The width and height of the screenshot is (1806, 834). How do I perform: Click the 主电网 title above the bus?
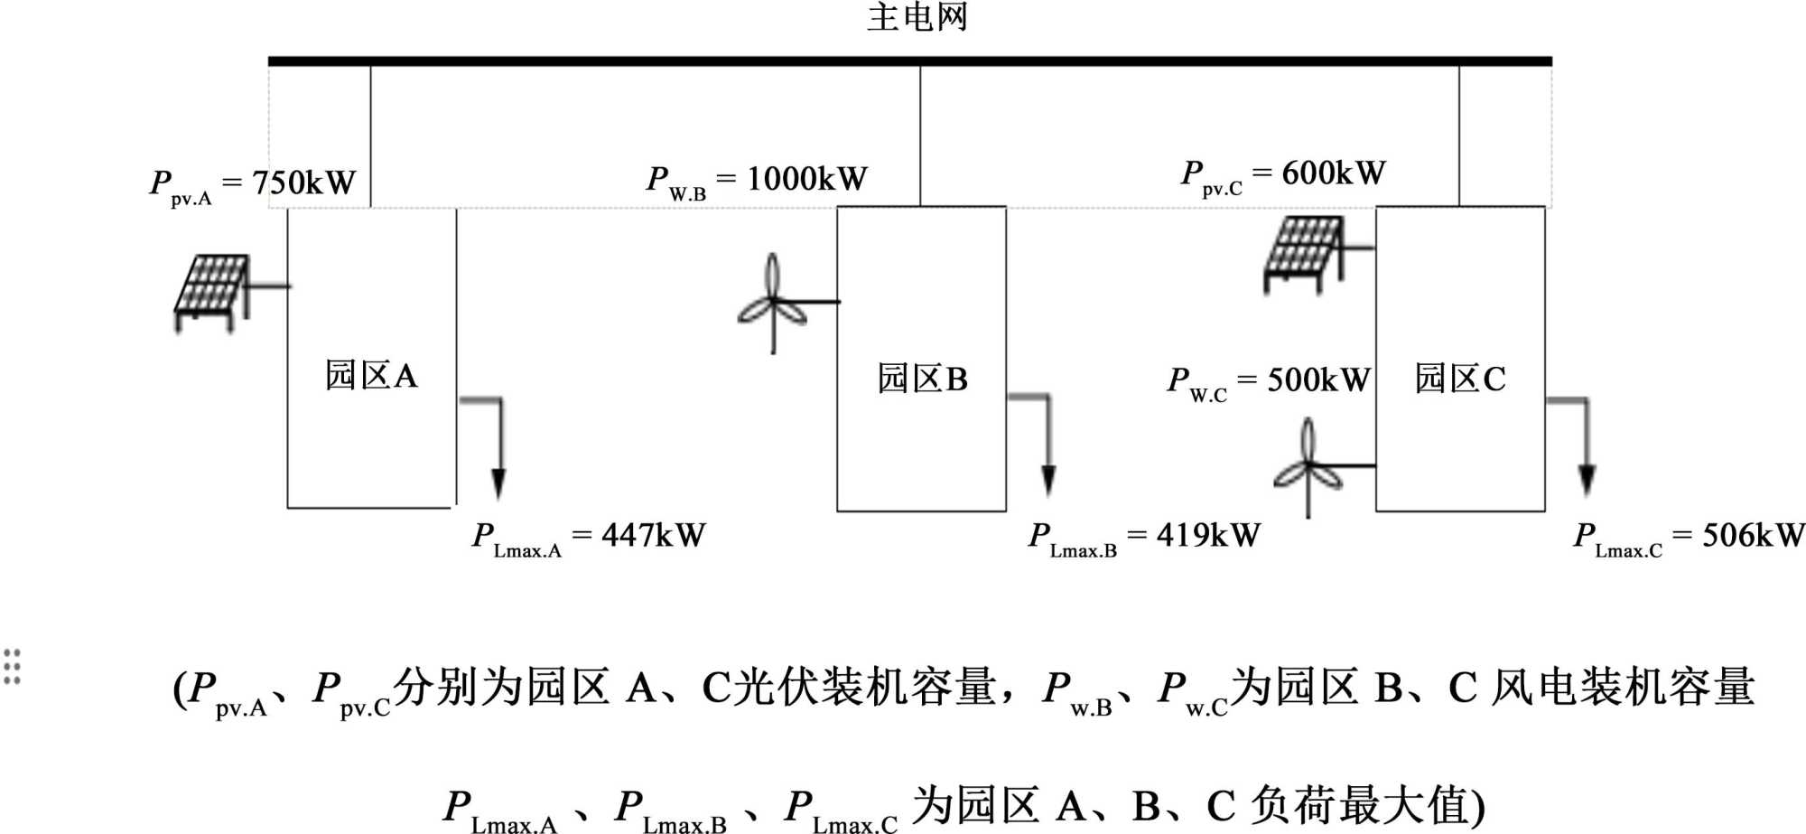coord(917,17)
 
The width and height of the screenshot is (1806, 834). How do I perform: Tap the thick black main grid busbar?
coord(909,61)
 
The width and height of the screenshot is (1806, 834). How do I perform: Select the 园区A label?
coord(371,375)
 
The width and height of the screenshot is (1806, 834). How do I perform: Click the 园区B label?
coord(922,379)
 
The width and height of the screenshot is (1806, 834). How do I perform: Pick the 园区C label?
coord(1459,379)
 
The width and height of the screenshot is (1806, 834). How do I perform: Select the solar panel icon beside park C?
coord(1303,254)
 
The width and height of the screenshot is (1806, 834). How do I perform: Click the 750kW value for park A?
coord(303,183)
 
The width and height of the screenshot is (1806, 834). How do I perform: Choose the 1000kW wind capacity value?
coord(806,179)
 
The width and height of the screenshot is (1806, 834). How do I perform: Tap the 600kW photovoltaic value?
coord(1333,173)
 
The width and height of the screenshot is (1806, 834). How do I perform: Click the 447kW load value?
coord(653,535)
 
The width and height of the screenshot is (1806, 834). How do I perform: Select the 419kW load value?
coord(1208,535)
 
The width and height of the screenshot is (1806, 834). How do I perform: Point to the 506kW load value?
coord(1753,535)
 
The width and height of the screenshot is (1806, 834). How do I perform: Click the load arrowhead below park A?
coord(498,483)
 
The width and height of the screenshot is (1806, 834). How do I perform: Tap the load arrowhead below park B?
coord(1048,481)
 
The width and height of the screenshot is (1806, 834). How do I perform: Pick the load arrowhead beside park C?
coord(1587,480)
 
